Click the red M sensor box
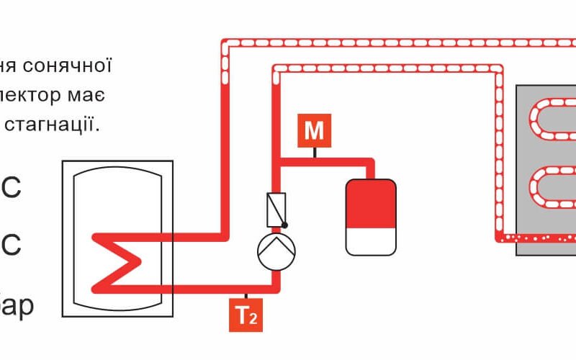[x=314, y=130]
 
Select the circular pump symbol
[x=276, y=250]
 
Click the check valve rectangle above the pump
[x=276, y=209]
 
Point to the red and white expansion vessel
[x=371, y=217]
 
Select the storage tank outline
[x=118, y=238]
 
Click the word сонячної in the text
[x=73, y=66]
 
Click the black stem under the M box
[x=314, y=152]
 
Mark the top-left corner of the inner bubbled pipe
[x=276, y=68]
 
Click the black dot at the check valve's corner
[x=284, y=225]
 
